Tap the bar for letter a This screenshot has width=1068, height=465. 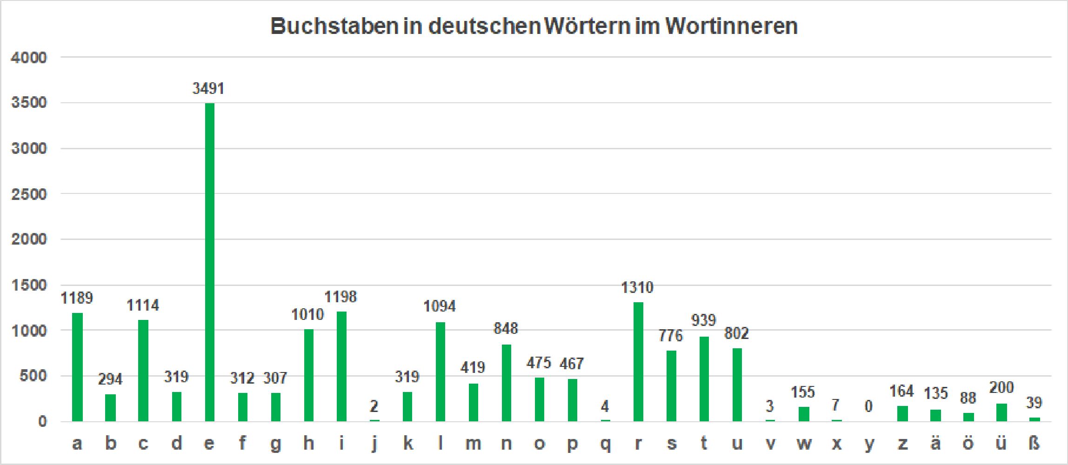click(77, 367)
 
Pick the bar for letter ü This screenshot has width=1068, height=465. click(1001, 412)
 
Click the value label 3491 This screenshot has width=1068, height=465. click(208, 88)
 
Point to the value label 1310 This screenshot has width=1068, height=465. click(637, 288)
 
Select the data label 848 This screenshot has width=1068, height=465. click(506, 329)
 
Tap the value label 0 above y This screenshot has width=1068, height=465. click(868, 407)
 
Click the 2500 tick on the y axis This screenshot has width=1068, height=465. click(29, 194)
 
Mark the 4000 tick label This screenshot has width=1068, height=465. click(29, 58)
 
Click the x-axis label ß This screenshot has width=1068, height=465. click(1034, 444)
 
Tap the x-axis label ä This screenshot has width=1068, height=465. click(935, 444)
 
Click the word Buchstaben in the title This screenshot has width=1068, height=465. click(334, 27)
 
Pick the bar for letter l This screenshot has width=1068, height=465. click(441, 372)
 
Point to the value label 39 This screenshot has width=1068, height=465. click(1034, 403)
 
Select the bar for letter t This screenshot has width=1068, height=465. click(704, 379)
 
